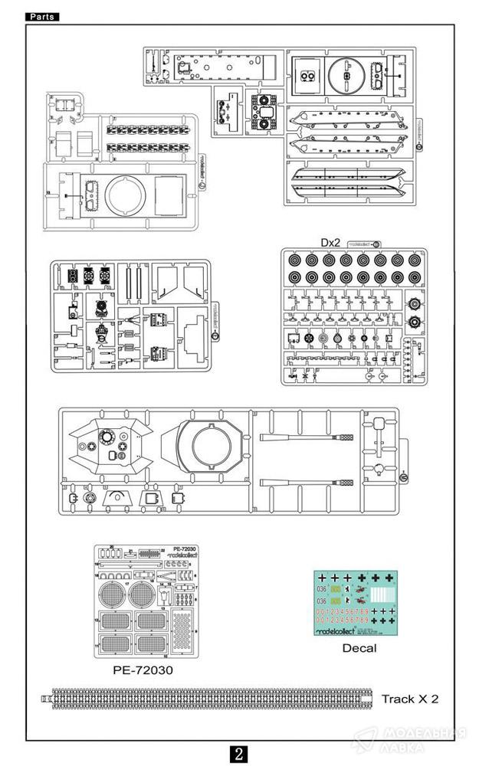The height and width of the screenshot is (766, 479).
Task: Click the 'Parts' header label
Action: pos(42,17)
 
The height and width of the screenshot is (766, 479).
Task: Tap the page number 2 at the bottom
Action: pos(240,753)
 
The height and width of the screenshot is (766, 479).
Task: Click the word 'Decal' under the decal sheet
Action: pos(359,648)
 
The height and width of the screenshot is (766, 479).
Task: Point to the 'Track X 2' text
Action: pos(410,699)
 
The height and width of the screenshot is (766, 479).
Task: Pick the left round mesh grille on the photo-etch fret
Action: pos(115,594)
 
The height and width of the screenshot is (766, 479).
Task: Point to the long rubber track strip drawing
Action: pos(207,699)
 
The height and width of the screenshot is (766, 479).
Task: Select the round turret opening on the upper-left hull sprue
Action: pos(123,195)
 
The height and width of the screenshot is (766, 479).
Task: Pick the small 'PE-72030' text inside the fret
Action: pos(184,549)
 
